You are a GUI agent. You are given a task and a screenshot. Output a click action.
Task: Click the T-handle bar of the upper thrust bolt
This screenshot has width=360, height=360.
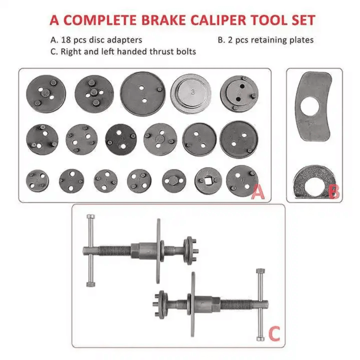tap(91, 250)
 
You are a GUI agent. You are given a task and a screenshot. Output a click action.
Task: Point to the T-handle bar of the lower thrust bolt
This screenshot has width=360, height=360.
tap(261, 305)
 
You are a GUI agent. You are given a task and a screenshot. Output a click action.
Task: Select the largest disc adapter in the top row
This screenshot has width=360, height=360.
tap(143, 94)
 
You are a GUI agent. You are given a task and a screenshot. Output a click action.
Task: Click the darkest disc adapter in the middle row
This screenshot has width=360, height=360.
tap(121, 140)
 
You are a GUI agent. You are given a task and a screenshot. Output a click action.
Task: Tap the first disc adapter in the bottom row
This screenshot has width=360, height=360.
tap(37, 181)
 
